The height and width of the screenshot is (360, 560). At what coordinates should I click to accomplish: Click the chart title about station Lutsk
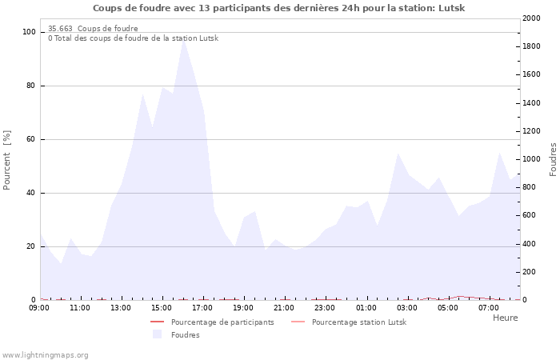click(x=278, y=8)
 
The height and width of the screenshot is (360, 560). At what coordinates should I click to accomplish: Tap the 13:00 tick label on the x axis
click(x=121, y=308)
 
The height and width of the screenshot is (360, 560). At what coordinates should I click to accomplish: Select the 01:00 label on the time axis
click(x=366, y=308)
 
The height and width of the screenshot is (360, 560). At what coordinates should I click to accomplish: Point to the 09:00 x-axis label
click(x=39, y=308)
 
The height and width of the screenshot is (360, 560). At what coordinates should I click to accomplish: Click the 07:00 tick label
click(x=488, y=308)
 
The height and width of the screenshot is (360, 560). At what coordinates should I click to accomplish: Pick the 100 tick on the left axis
click(x=29, y=32)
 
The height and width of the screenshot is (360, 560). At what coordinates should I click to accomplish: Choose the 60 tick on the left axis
click(x=30, y=139)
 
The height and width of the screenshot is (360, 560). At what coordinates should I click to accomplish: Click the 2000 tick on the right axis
click(x=530, y=18)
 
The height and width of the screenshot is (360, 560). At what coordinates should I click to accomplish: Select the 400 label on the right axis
click(x=528, y=244)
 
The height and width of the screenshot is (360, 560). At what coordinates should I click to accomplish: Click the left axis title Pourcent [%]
click(x=7, y=160)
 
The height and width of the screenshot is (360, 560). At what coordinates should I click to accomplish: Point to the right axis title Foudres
click(x=553, y=159)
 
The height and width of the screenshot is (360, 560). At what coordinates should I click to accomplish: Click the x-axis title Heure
click(x=505, y=318)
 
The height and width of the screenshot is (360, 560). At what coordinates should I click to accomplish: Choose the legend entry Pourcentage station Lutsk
click(x=358, y=322)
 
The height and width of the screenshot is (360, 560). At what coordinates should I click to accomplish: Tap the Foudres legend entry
click(x=184, y=334)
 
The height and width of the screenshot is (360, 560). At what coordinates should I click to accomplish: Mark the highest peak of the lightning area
click(x=183, y=38)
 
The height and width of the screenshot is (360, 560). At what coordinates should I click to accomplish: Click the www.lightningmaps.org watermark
click(x=46, y=354)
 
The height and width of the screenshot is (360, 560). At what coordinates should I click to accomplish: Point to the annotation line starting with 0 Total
click(x=133, y=38)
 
